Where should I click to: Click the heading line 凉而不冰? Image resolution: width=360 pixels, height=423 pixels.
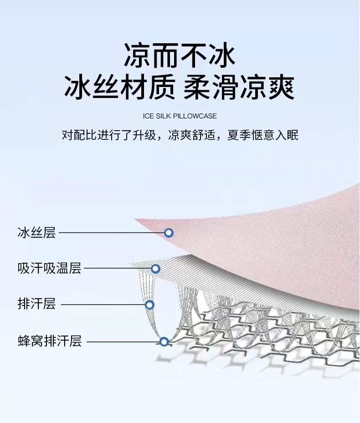(x=180, y=56)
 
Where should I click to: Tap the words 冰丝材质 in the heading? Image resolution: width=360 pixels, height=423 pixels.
(x=119, y=87)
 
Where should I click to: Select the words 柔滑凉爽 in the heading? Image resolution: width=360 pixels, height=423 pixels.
(x=239, y=87)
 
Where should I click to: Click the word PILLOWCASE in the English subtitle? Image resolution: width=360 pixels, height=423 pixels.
(x=195, y=116)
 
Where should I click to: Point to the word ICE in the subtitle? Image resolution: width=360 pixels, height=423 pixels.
(x=149, y=116)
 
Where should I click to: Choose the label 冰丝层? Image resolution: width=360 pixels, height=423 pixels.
(x=36, y=233)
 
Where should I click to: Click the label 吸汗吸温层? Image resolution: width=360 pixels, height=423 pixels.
(x=49, y=268)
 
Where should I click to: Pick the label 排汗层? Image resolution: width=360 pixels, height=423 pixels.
(x=36, y=304)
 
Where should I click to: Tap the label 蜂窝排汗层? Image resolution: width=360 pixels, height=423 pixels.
(x=49, y=341)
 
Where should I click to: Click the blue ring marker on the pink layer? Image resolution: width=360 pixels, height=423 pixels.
(x=169, y=233)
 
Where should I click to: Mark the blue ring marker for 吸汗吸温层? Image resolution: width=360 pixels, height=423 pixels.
(x=155, y=269)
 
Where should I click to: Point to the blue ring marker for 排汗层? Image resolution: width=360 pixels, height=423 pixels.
(x=149, y=305)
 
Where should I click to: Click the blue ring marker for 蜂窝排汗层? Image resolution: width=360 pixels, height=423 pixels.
(x=165, y=341)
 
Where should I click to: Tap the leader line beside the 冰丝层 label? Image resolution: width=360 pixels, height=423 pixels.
(x=112, y=233)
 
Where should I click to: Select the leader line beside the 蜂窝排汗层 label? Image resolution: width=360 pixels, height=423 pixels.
(x=123, y=341)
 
